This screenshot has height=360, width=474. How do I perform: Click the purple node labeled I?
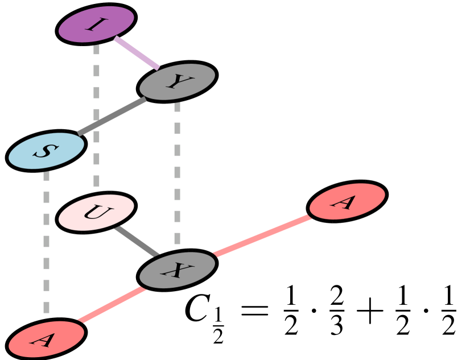click(96, 24)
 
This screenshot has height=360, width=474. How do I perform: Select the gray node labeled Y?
click(177, 82)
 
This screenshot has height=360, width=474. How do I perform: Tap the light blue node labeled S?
click(47, 151)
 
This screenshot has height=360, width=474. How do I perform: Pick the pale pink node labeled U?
click(96, 213)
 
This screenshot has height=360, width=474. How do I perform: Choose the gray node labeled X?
click(177, 270)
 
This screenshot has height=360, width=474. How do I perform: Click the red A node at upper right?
click(347, 201)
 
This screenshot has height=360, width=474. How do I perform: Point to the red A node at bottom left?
click(47, 339)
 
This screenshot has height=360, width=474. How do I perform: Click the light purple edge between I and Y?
click(137, 53)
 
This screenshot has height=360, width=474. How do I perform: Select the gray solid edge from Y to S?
click(112, 117)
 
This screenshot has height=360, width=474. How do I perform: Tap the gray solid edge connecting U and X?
click(137, 241)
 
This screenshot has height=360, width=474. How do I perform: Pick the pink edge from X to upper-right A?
click(262, 235)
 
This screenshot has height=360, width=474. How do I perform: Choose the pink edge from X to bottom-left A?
click(112, 305)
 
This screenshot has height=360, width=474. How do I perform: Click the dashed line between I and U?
click(96, 114)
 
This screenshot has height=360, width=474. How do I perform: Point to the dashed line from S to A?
click(47, 242)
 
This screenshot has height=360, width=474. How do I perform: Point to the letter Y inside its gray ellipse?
click(176, 82)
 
